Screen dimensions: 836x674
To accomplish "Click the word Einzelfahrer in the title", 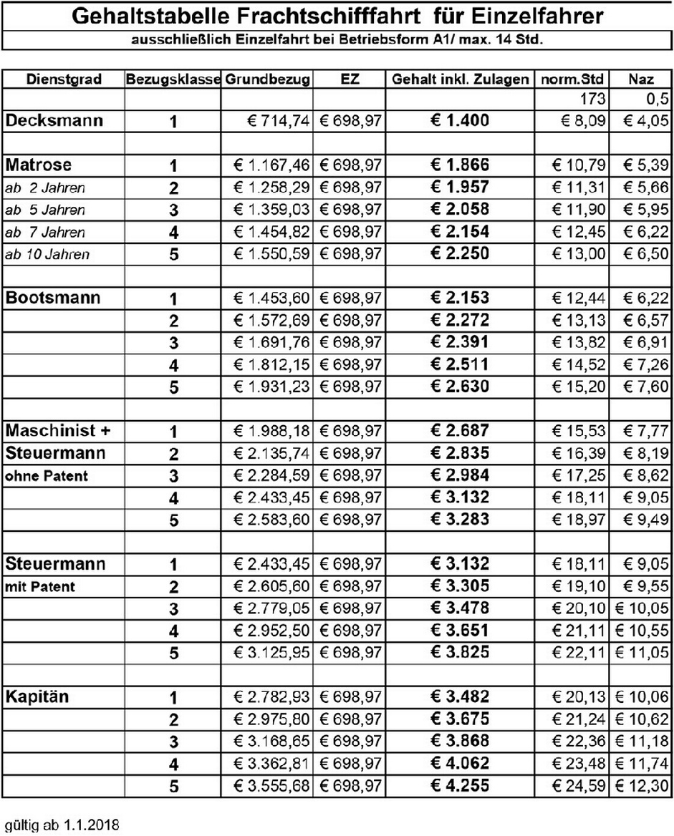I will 542,16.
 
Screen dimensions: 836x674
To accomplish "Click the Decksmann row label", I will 54,121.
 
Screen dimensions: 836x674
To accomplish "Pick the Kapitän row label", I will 37,696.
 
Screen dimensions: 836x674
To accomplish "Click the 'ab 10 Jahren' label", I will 47,254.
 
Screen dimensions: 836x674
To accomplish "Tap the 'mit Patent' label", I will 40,587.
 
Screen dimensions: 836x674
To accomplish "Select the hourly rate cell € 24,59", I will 580,786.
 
